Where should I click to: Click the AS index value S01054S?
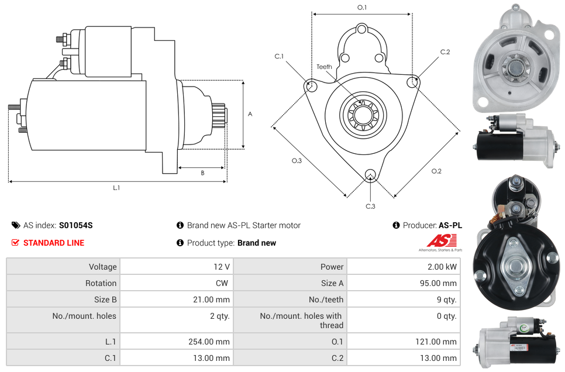point(75,225)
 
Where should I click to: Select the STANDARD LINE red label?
point(54,243)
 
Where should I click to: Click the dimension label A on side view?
point(250,114)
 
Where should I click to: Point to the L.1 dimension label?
point(116,188)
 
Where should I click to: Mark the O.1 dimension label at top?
point(362,8)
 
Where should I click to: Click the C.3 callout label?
point(370,206)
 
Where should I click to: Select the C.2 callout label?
point(445,52)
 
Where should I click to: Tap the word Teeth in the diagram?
point(324,67)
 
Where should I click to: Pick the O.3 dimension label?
point(297,161)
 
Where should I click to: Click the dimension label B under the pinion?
point(202,173)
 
